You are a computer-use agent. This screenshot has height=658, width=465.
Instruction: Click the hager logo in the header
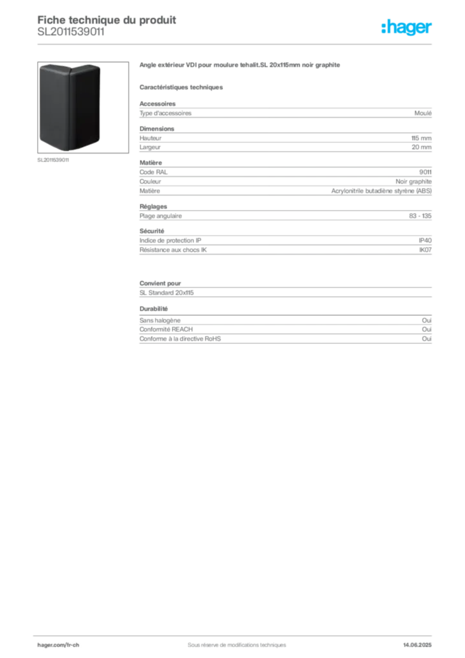(x=406, y=27)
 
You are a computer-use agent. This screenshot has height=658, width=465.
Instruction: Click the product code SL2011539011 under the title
(x=71, y=32)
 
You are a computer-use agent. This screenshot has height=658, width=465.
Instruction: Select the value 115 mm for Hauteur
(x=421, y=138)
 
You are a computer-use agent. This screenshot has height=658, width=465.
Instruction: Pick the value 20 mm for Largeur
(x=421, y=147)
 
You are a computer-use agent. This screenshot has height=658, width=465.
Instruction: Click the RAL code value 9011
(x=425, y=172)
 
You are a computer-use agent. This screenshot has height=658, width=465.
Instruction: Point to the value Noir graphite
(x=414, y=181)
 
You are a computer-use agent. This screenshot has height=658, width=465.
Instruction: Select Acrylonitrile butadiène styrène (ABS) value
(x=381, y=191)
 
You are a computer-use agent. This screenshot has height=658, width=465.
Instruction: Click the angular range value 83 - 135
(x=420, y=216)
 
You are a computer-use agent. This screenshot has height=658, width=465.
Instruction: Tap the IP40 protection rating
(x=425, y=240)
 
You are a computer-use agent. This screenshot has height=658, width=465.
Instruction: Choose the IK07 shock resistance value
(x=425, y=250)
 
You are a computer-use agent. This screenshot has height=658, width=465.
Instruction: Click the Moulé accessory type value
(x=423, y=113)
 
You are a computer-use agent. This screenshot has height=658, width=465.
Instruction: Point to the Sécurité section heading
(x=152, y=231)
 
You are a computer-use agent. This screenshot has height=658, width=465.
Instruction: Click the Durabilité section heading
(x=154, y=309)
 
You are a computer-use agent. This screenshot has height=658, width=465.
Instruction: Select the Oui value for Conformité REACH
(x=426, y=330)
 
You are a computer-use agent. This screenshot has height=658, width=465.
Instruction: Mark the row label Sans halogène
(x=160, y=320)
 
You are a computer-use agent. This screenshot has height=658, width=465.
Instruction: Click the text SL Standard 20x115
(x=166, y=293)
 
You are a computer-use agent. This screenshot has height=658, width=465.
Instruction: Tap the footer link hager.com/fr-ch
(x=58, y=645)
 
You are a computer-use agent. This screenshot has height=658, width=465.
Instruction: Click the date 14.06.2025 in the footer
(x=417, y=645)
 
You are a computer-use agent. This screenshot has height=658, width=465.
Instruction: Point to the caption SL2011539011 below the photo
(x=53, y=160)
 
